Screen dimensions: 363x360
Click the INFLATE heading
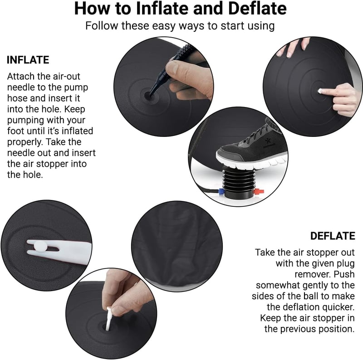click(28, 60)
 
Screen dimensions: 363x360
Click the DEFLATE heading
click(333, 236)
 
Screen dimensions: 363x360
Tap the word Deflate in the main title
click(257, 9)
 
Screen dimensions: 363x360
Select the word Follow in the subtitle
click(102, 25)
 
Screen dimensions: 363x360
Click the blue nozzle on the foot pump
click(221, 191)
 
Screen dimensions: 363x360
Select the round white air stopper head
click(40, 246)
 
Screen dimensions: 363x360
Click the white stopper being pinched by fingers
click(108, 318)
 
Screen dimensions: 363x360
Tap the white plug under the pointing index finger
click(320, 91)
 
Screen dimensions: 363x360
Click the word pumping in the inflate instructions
click(25, 120)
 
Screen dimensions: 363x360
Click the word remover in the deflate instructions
click(312, 274)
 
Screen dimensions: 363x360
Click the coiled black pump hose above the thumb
click(186, 50)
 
